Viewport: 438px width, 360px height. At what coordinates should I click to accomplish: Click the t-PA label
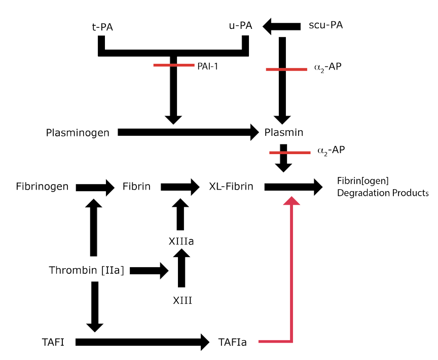click(x=102, y=27)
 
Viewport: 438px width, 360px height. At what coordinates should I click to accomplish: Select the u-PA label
click(x=240, y=25)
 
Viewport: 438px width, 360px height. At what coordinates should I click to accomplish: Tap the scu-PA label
click(x=325, y=25)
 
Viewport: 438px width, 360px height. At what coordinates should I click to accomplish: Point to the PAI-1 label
click(x=207, y=66)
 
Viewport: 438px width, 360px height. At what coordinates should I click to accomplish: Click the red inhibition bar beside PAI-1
click(x=174, y=65)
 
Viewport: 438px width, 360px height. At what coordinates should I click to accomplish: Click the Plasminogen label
click(x=78, y=133)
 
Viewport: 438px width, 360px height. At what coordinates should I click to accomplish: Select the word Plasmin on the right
click(x=284, y=132)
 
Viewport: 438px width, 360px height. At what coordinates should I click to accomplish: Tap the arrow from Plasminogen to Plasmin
click(x=188, y=132)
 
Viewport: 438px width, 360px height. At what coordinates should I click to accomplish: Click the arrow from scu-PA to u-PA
click(x=281, y=26)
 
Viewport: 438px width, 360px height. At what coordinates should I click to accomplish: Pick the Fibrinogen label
click(x=42, y=186)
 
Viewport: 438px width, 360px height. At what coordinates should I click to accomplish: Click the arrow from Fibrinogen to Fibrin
click(x=95, y=188)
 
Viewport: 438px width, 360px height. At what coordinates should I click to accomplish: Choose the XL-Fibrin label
click(x=231, y=186)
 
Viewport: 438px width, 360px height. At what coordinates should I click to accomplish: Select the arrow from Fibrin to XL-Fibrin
click(x=180, y=187)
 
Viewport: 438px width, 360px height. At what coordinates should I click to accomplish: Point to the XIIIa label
click(x=181, y=241)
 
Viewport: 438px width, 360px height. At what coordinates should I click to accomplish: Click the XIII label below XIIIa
click(x=182, y=301)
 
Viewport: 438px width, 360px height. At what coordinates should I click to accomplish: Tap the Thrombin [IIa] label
click(x=86, y=270)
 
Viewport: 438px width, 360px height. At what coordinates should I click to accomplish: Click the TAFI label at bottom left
click(x=53, y=342)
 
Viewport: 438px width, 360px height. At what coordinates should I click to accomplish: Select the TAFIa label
click(x=232, y=342)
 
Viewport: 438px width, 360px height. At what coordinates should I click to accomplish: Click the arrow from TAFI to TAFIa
click(x=142, y=342)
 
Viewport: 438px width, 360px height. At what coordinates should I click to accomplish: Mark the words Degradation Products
click(x=383, y=193)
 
